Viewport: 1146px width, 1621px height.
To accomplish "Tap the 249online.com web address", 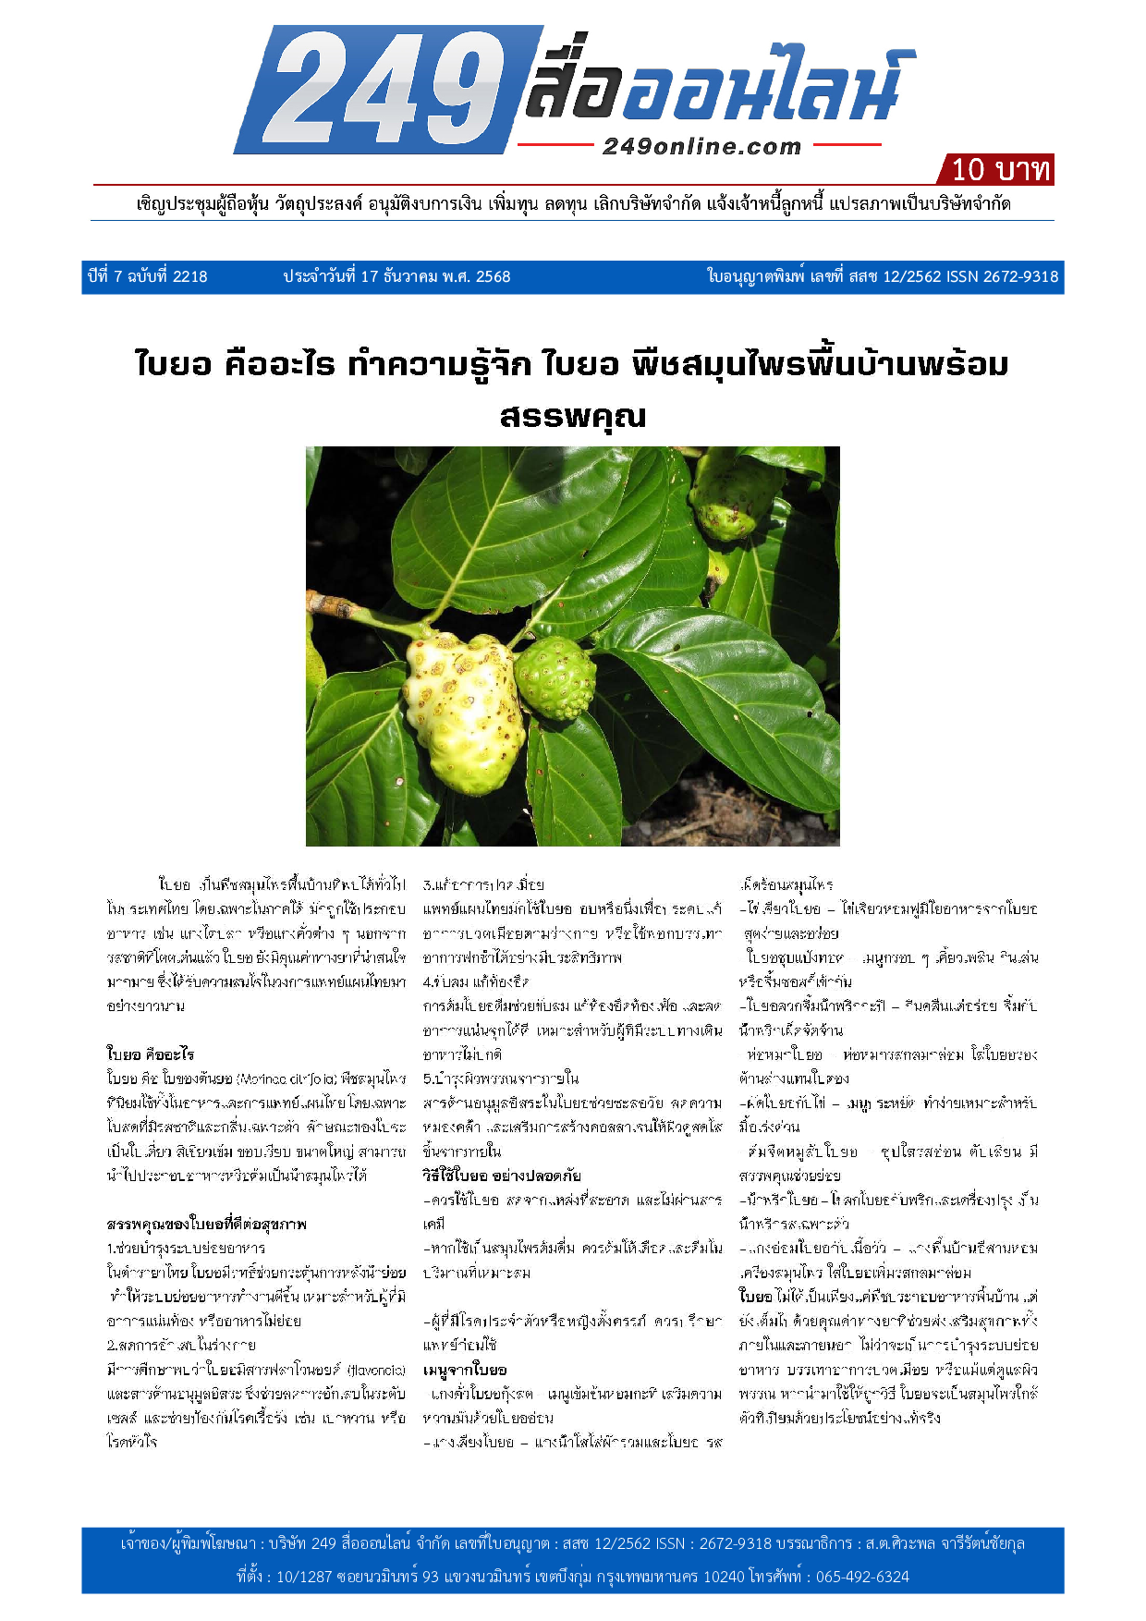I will click(x=701, y=147).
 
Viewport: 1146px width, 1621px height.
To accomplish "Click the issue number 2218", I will click(x=190, y=276).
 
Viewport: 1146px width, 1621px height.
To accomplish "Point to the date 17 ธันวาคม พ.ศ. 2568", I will click(x=396, y=276).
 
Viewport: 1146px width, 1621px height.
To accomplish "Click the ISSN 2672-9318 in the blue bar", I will click(x=1003, y=276).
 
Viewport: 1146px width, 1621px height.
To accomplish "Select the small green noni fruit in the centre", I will click(x=555, y=678).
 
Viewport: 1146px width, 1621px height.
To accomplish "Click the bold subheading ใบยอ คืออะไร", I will click(x=151, y=1054).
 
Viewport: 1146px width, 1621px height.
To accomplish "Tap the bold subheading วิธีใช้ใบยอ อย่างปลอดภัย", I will click(x=502, y=1176).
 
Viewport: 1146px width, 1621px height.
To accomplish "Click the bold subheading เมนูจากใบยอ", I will click(x=465, y=1369).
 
